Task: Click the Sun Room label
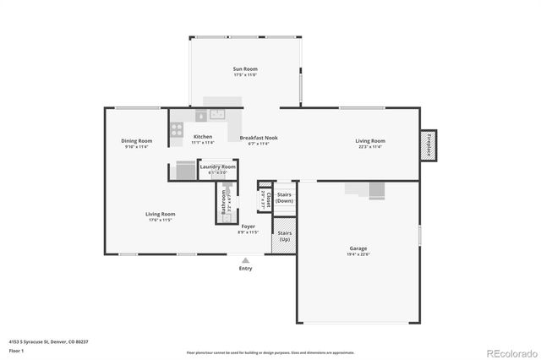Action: (245, 69)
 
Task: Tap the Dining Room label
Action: (136, 140)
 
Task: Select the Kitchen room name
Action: (202, 137)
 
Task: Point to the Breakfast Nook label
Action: (258, 138)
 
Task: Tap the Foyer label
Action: (249, 226)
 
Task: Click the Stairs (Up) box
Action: (284, 236)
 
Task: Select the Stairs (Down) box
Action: (284, 198)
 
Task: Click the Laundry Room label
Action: (217, 167)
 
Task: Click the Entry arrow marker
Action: (245, 260)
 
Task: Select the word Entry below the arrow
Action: (245, 269)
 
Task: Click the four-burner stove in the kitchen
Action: (178, 129)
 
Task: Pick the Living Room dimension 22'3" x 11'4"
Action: (369, 147)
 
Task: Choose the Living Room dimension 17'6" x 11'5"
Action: (161, 220)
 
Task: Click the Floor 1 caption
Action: (16, 350)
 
